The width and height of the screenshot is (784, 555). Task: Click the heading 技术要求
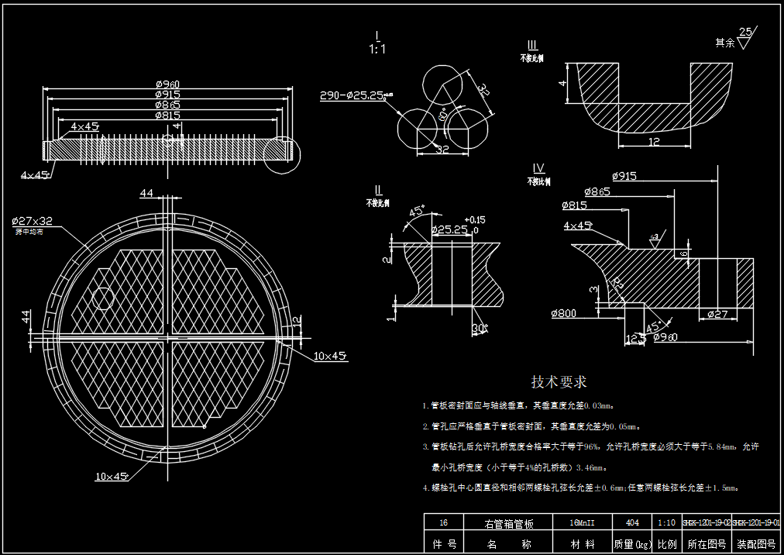(559, 381)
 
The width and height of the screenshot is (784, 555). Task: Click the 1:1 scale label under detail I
(377, 49)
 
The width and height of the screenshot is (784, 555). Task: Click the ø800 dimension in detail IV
(565, 314)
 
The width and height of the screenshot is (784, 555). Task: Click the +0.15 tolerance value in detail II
(476, 219)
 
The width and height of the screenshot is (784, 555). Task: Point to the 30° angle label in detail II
(480, 329)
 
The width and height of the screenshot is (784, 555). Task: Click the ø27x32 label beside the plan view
(32, 220)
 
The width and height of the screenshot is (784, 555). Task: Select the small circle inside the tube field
(102, 298)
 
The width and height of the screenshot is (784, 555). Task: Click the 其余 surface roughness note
(724, 43)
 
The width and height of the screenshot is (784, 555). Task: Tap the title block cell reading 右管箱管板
(509, 523)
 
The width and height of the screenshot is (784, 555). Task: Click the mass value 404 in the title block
(631, 523)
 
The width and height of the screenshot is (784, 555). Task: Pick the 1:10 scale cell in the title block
(665, 523)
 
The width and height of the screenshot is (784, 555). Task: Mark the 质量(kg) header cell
(631, 544)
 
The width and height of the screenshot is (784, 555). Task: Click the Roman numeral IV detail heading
(538, 169)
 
